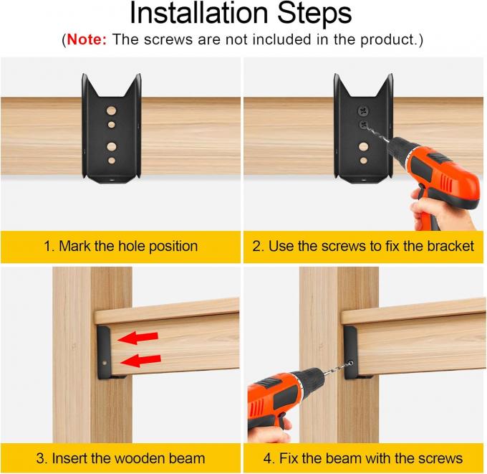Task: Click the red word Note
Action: (87, 40)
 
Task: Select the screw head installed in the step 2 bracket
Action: (362, 111)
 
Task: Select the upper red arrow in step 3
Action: (139, 337)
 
